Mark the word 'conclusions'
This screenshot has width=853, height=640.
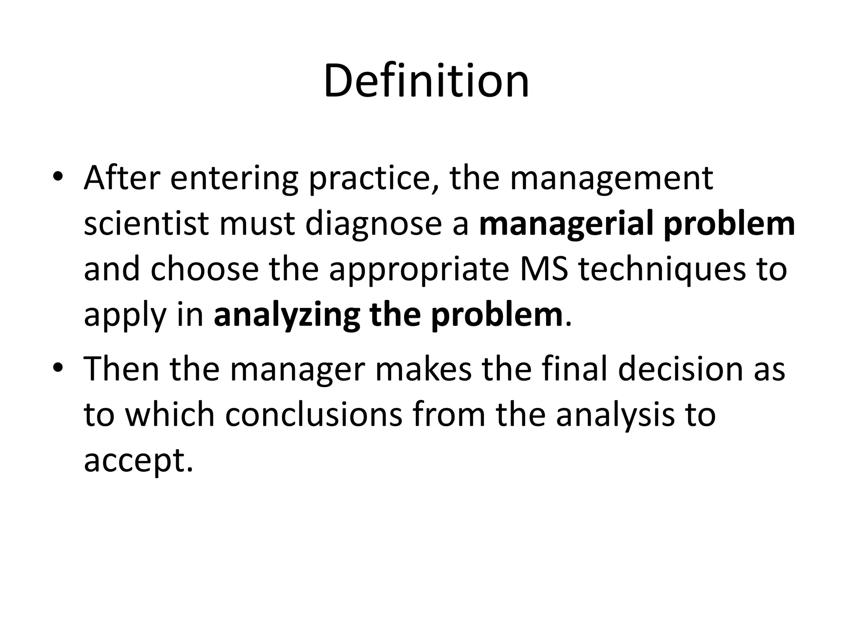pyautogui.click(x=314, y=415)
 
